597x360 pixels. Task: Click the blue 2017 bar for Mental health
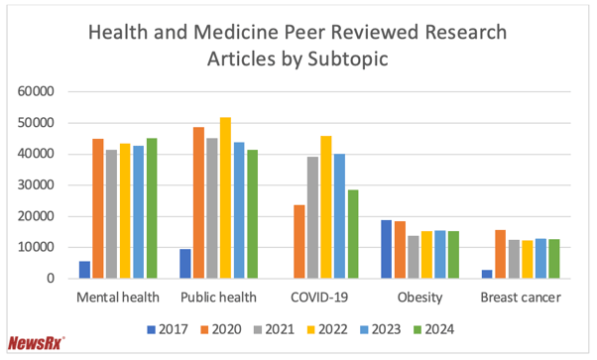pos(85,270)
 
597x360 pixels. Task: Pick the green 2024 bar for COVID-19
pos(353,234)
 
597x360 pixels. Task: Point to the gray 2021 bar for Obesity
pos(414,257)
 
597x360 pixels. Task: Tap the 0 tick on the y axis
pos(60,279)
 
